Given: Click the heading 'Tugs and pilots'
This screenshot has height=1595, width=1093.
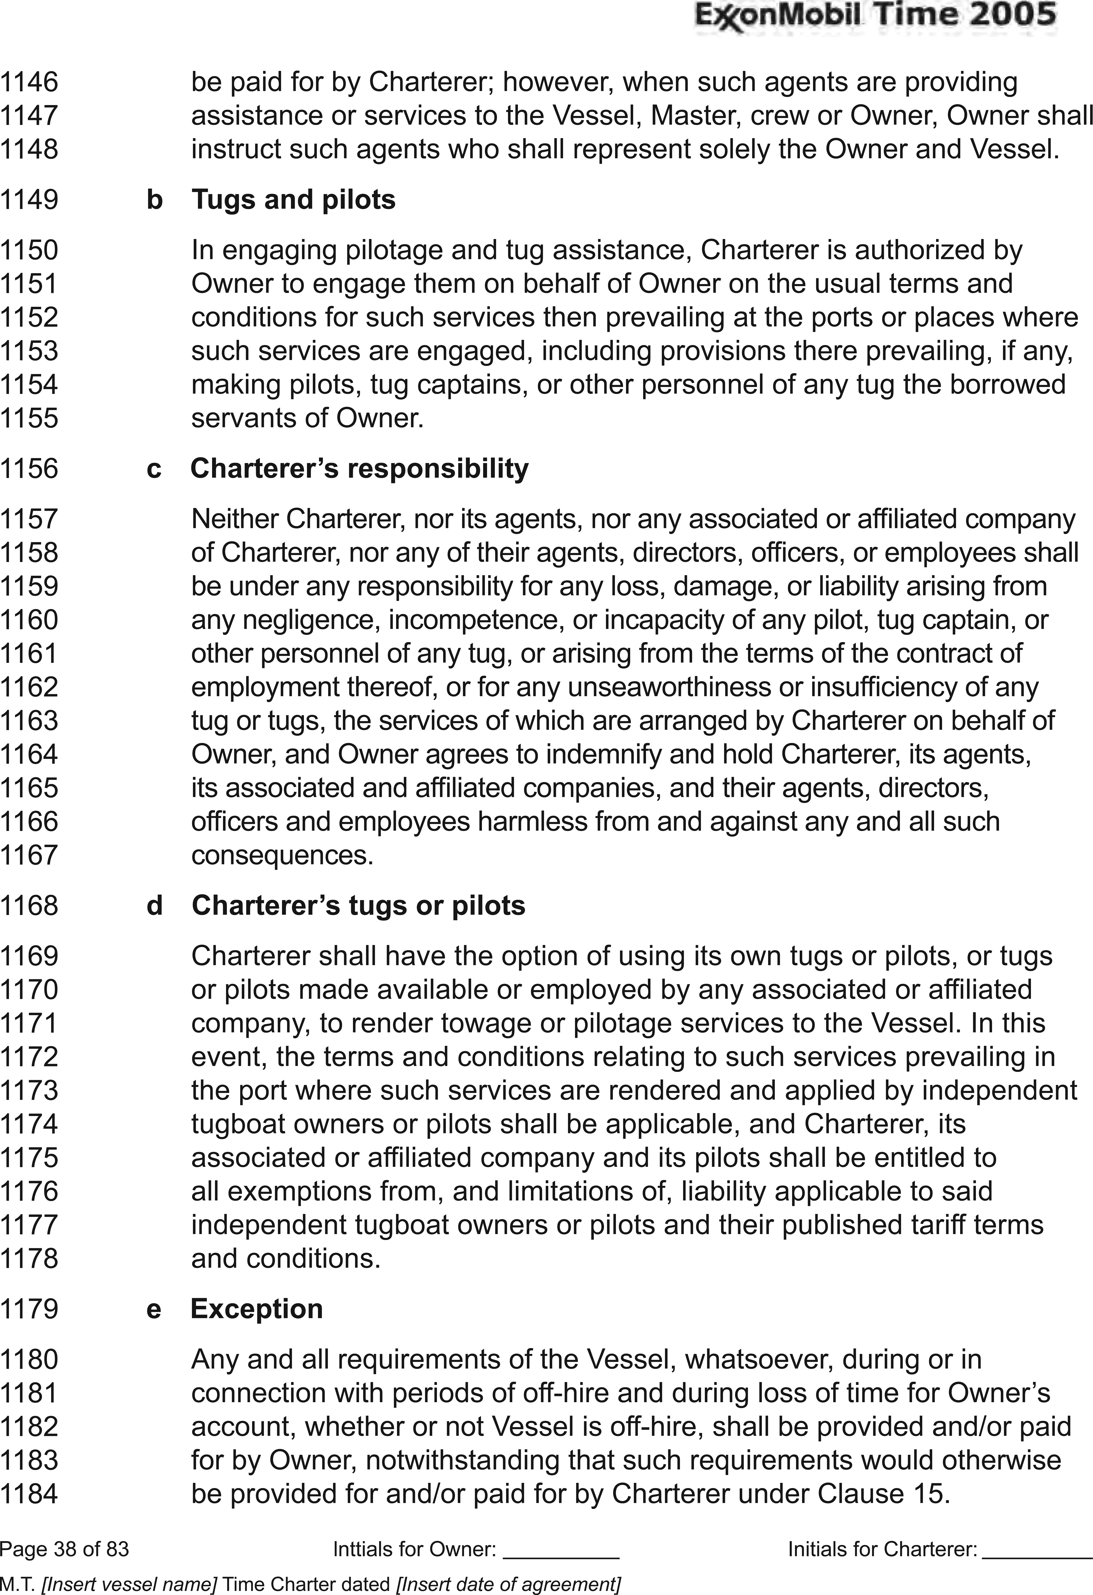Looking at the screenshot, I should pyautogui.click(x=293, y=200).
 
